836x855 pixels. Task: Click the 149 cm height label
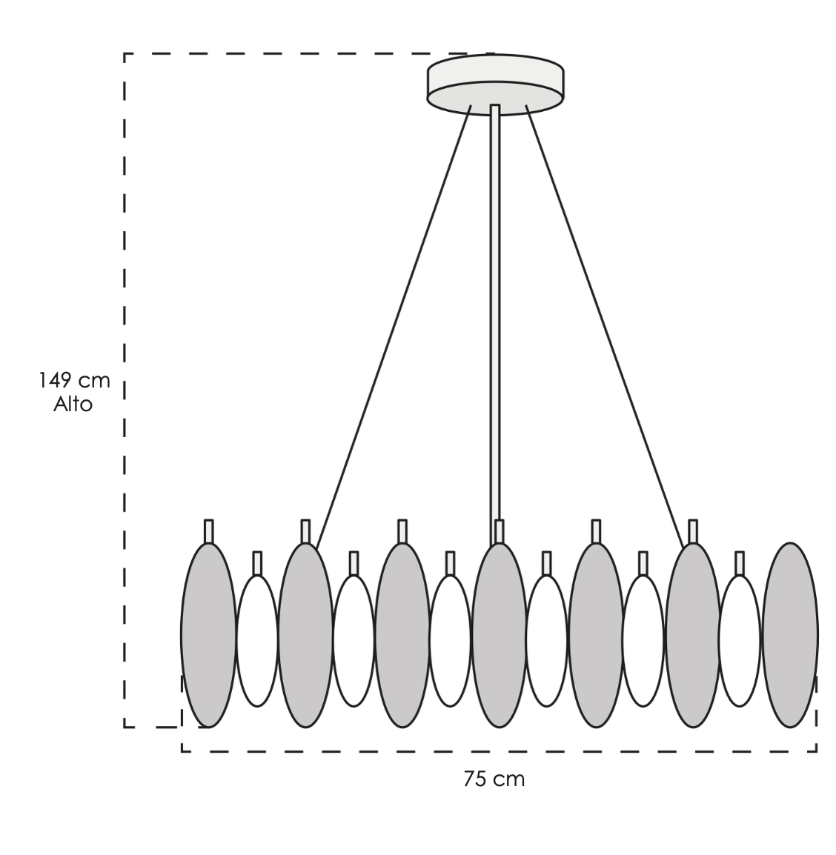click(x=74, y=380)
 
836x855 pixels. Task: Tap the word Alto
click(x=73, y=405)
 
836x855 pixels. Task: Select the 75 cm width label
click(x=494, y=779)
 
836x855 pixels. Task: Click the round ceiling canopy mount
click(x=495, y=84)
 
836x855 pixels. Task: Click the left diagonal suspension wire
click(x=394, y=326)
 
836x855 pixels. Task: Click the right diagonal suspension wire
click(x=604, y=326)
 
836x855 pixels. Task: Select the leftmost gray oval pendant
click(x=208, y=635)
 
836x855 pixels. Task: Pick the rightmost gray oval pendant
click(x=790, y=635)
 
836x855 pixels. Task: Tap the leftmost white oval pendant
click(x=257, y=641)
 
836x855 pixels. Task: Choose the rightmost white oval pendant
click(x=740, y=641)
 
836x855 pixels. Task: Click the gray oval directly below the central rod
click(x=499, y=635)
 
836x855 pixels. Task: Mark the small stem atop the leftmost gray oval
click(x=208, y=531)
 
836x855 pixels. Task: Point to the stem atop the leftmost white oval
click(x=257, y=563)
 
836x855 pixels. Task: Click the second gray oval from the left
click(x=305, y=635)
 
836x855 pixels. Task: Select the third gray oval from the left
click(x=402, y=635)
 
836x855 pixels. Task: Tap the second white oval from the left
click(x=354, y=641)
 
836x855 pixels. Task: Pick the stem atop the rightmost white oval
click(x=740, y=563)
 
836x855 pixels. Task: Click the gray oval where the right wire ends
click(x=693, y=635)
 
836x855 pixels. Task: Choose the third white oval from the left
click(x=450, y=641)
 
